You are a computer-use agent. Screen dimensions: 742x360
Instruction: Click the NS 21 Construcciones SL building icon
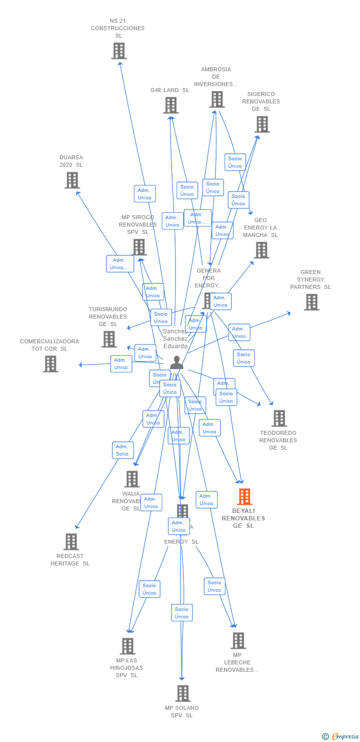(119, 51)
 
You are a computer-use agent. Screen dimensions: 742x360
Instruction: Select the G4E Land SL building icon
(171, 105)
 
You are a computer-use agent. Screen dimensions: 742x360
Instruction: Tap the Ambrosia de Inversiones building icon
(217, 99)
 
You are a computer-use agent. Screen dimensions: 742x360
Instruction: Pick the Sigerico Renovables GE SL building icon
(262, 125)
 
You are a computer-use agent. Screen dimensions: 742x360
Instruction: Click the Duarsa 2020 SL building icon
(72, 180)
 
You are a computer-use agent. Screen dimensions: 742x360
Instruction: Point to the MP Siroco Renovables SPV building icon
(139, 247)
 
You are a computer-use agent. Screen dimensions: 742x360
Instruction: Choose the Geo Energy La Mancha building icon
(261, 250)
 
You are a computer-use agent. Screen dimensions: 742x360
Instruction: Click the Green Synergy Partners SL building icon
(311, 302)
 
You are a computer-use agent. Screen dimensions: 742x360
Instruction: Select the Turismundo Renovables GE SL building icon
(109, 339)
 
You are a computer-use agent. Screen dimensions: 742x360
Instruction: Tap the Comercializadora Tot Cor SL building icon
(50, 364)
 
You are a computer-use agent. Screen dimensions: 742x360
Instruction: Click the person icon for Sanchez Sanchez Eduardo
(177, 363)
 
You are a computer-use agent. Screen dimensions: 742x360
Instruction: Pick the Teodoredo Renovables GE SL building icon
(279, 418)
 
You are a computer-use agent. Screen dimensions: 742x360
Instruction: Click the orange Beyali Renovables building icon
(244, 497)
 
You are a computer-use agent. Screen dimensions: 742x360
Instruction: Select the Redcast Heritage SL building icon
(71, 542)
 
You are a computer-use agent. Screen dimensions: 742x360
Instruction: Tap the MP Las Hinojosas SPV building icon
(128, 646)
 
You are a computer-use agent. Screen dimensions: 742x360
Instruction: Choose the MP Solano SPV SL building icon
(182, 694)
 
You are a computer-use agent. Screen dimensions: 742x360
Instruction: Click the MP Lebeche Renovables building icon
(238, 641)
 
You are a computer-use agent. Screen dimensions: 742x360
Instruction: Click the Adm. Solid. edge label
(123, 450)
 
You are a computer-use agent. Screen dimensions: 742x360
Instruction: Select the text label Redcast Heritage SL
(70, 560)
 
